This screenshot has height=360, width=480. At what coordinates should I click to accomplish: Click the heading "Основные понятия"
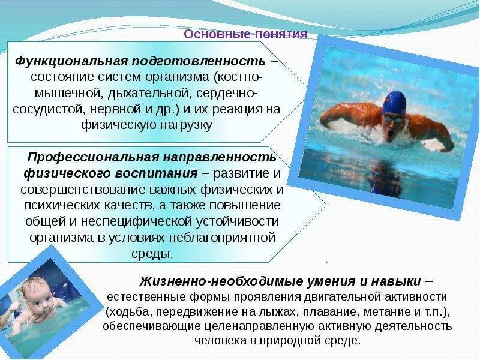coord(245,34)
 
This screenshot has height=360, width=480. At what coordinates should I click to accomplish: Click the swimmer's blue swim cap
coord(395,103)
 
